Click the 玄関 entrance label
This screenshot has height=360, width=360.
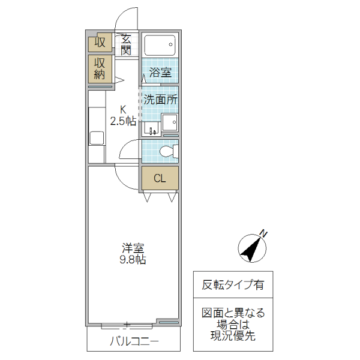click(126, 44)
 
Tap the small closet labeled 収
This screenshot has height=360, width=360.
click(100, 43)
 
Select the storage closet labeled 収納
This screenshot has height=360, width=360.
click(100, 69)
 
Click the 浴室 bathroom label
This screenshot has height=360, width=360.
click(160, 73)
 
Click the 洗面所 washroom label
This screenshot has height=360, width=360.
click(160, 100)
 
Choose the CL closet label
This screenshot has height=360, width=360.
click(160, 178)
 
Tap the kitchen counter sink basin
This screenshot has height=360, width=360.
click(97, 138)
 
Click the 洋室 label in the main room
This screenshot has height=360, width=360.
click(133, 248)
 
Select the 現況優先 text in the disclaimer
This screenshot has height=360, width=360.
click(232, 336)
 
